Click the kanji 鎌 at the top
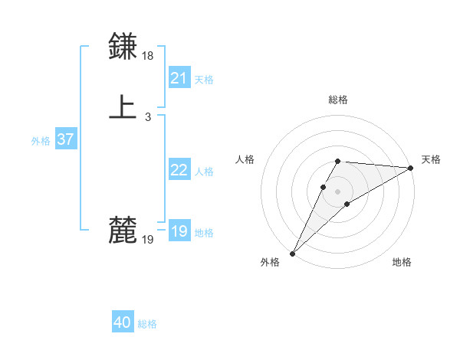(123, 46)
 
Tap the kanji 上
(123, 106)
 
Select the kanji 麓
(123, 229)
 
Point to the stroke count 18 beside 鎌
(148, 56)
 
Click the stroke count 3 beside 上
(148, 117)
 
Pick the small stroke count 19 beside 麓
(148, 240)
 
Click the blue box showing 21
(179, 78)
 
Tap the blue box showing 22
(179, 170)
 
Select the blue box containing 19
(179, 231)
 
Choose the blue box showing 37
(65, 139)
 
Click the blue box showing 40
(123, 323)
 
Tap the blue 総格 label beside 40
(147, 324)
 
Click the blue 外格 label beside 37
(41, 141)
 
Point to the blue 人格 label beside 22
(204, 172)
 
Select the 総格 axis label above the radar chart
(338, 100)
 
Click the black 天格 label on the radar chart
(431, 159)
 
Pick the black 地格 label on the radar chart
(402, 263)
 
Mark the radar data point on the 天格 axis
(411, 168)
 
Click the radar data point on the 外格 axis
(292, 254)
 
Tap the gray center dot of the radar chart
(338, 191)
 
